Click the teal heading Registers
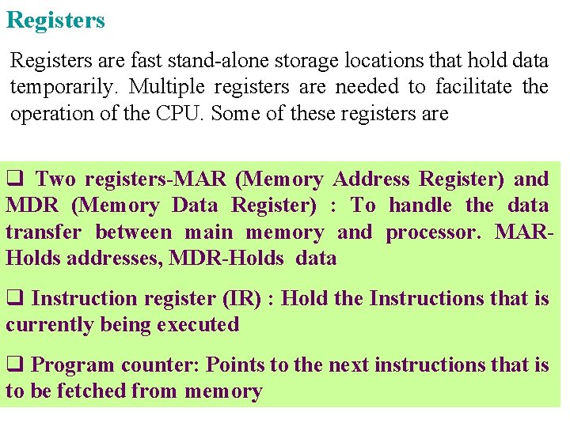point(55,20)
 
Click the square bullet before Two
point(14,179)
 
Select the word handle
point(422,206)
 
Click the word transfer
point(44,232)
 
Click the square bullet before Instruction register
point(14,299)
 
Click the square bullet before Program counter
point(14,365)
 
